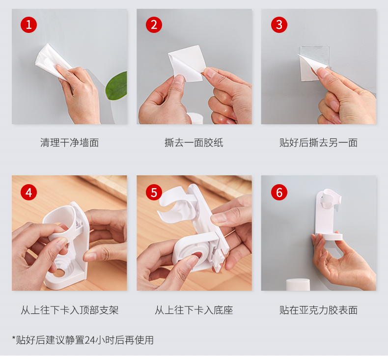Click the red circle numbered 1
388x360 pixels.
click(28, 25)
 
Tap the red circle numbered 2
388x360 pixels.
click(154, 25)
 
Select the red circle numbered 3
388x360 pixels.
click(279, 25)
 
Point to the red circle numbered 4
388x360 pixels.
click(28, 192)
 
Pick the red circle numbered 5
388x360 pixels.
click(154, 192)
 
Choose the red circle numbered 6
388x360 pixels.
click(279, 192)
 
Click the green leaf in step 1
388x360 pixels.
click(117, 86)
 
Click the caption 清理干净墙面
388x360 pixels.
click(70, 143)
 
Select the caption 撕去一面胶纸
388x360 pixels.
click(194, 143)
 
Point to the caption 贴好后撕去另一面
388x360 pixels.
click(318, 143)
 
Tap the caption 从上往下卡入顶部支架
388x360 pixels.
click(70, 310)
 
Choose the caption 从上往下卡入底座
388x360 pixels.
click(194, 310)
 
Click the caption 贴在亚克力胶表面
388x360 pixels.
click(318, 310)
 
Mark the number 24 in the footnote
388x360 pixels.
click(90, 340)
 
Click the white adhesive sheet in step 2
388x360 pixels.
click(187, 62)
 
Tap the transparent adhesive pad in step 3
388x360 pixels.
click(314, 63)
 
